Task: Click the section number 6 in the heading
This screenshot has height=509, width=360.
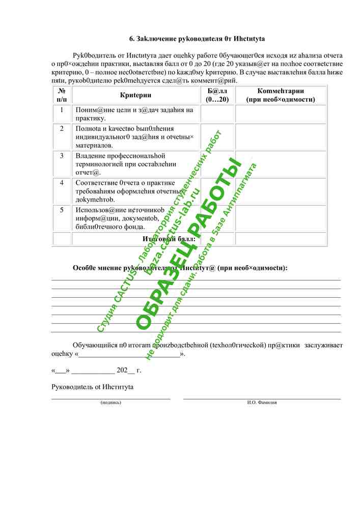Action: [x=132, y=39]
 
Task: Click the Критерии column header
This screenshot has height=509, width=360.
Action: [x=135, y=95]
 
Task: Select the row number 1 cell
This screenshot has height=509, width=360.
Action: [x=62, y=110]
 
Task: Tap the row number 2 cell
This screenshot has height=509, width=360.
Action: [x=62, y=129]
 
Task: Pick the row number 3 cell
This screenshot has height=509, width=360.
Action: [x=62, y=156]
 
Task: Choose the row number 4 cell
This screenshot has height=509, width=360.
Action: [x=62, y=183]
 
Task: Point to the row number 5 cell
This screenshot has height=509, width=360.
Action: [x=62, y=210]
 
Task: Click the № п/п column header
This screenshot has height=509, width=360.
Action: [x=62, y=95]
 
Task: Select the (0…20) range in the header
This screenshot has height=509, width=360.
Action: [x=217, y=100]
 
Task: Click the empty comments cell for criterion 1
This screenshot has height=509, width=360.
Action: [x=281, y=114]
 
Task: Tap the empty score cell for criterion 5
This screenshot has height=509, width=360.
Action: [x=217, y=218]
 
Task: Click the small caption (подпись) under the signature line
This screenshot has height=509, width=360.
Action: [x=111, y=402]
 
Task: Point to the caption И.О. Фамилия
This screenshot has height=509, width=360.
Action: [x=262, y=402]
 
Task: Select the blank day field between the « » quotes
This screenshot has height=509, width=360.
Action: [x=61, y=371]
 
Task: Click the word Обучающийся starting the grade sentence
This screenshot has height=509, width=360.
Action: [x=95, y=345]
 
